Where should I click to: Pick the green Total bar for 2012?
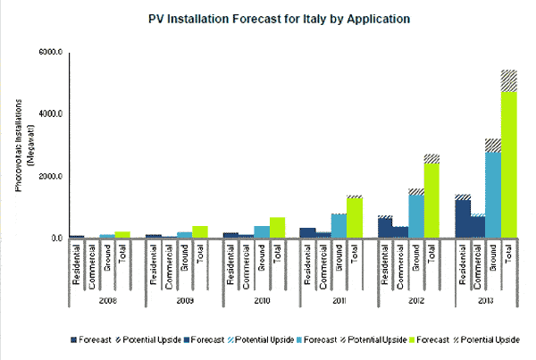pos(431,201)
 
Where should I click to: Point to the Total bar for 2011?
pos(355,217)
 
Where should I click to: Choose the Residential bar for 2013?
pos(463,218)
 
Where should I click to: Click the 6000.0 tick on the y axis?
pos(49,53)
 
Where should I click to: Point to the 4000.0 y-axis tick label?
pos(49,114)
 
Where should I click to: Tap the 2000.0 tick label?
pos(49,176)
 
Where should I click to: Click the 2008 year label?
pos(106,302)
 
